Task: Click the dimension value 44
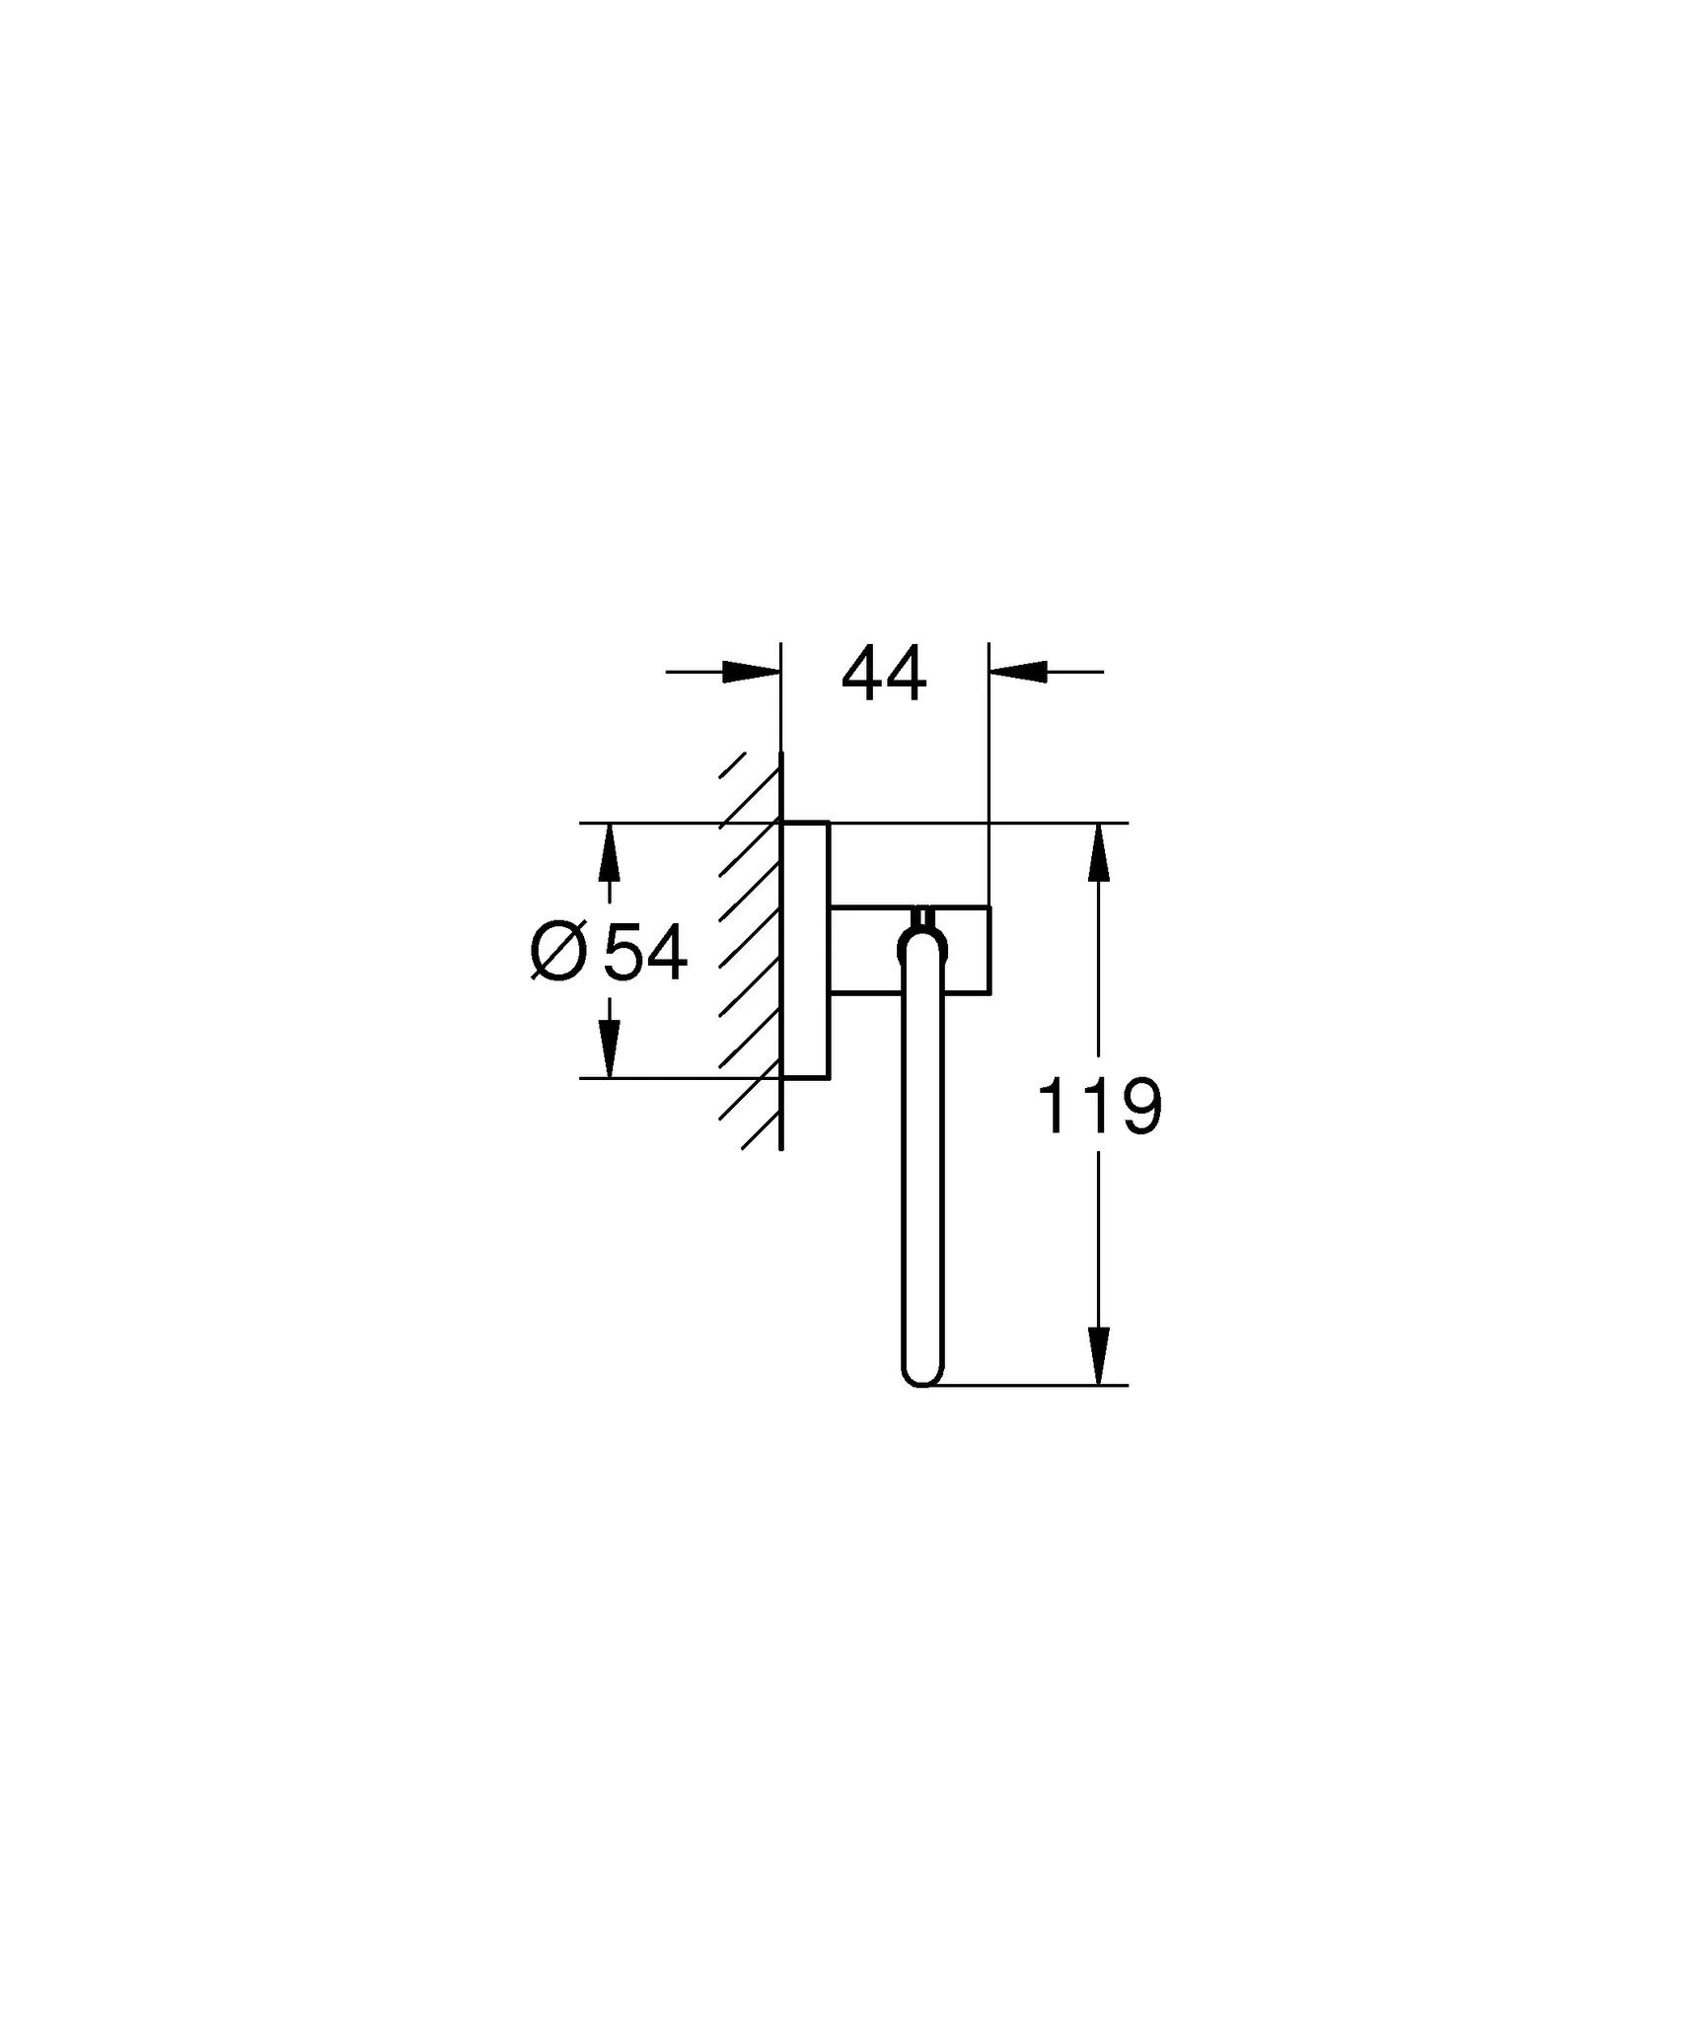[x=884, y=675]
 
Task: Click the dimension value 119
[x=1100, y=1107]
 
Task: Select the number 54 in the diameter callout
[x=645, y=955]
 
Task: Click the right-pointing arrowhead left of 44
[x=751, y=672]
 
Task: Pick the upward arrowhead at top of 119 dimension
[x=1099, y=853]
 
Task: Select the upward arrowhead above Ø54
[x=610, y=853]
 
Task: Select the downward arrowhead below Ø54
[x=610, y=1048]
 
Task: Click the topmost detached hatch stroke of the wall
[x=731, y=766]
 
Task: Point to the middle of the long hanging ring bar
[x=922, y=1164]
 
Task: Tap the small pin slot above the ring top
[x=922, y=916]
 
